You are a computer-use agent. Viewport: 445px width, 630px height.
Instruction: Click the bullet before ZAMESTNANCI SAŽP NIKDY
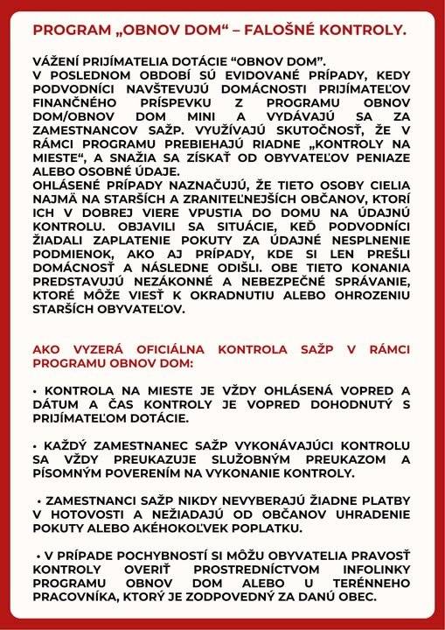(39, 503)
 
